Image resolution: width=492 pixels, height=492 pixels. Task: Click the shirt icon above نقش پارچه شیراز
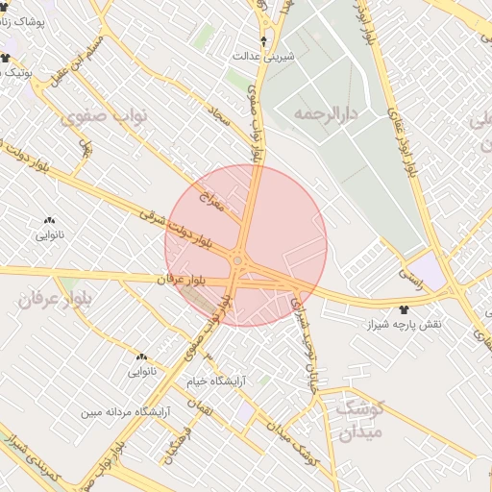pos(403,309)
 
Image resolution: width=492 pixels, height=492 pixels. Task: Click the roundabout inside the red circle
pos(237,260)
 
